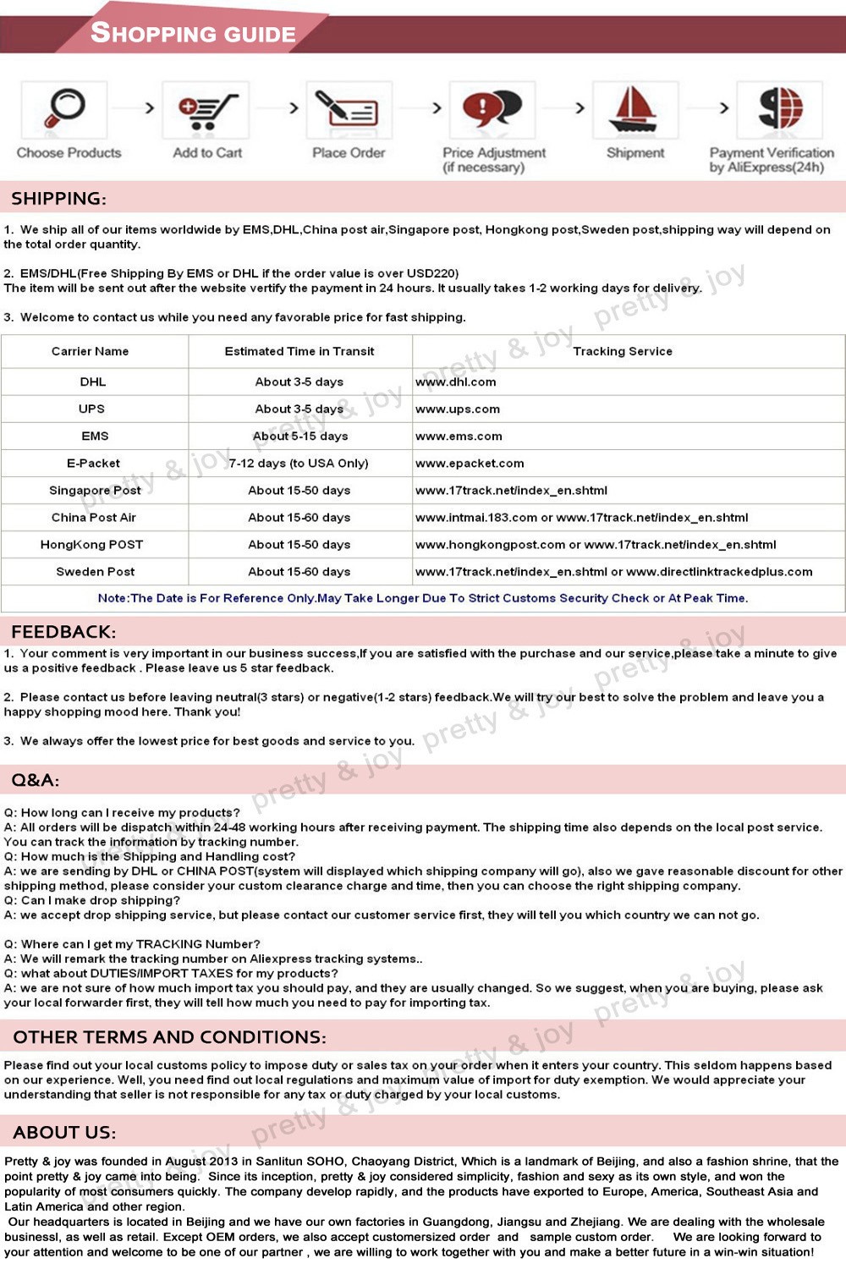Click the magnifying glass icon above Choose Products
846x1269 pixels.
click(x=64, y=108)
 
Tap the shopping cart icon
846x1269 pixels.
click(x=206, y=110)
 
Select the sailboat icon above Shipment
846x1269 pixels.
click(x=634, y=109)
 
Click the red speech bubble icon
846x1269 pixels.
click(x=492, y=108)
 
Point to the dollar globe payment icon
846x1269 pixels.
click(x=779, y=108)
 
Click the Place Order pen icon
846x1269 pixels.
click(x=348, y=109)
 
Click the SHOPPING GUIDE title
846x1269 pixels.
click(x=193, y=33)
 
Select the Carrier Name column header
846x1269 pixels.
click(x=91, y=351)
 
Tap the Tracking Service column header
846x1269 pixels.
click(x=623, y=351)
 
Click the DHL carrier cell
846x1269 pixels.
click(x=93, y=382)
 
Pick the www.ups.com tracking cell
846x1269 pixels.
click(x=458, y=409)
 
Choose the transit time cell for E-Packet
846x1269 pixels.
click(x=299, y=463)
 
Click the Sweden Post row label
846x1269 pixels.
click(x=96, y=571)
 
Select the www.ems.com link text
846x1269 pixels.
click(x=459, y=436)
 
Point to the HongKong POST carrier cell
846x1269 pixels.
click(x=91, y=544)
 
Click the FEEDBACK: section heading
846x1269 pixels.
click(x=63, y=631)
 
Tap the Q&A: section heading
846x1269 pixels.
click(x=36, y=780)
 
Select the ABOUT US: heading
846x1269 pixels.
click(x=65, y=1132)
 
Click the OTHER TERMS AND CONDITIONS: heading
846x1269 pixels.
click(x=169, y=1036)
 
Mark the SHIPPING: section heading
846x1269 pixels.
click(x=58, y=199)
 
